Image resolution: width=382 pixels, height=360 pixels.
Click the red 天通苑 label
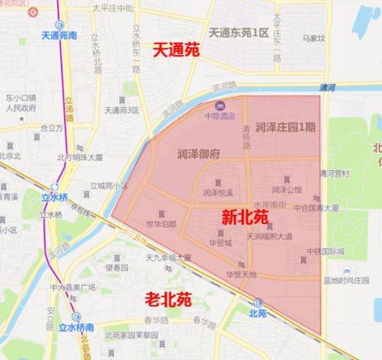(176, 50)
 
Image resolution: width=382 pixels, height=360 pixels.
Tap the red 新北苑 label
(244, 217)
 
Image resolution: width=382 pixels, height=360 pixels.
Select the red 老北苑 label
(168, 299)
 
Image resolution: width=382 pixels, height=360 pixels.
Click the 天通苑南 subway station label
(60, 36)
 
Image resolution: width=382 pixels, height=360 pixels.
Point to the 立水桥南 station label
(76, 327)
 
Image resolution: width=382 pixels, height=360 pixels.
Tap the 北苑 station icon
(258, 303)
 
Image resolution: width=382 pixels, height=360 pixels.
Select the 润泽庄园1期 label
(285, 127)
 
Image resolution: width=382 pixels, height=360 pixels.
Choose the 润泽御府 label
(198, 154)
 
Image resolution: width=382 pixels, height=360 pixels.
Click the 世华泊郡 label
(161, 224)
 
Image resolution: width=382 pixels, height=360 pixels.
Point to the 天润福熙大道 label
(269, 236)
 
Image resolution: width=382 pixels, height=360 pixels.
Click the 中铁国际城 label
(325, 251)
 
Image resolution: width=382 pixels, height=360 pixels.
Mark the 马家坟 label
(314, 38)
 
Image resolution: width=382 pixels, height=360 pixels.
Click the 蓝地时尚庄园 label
(346, 281)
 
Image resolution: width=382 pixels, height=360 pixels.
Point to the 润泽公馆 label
(286, 190)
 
